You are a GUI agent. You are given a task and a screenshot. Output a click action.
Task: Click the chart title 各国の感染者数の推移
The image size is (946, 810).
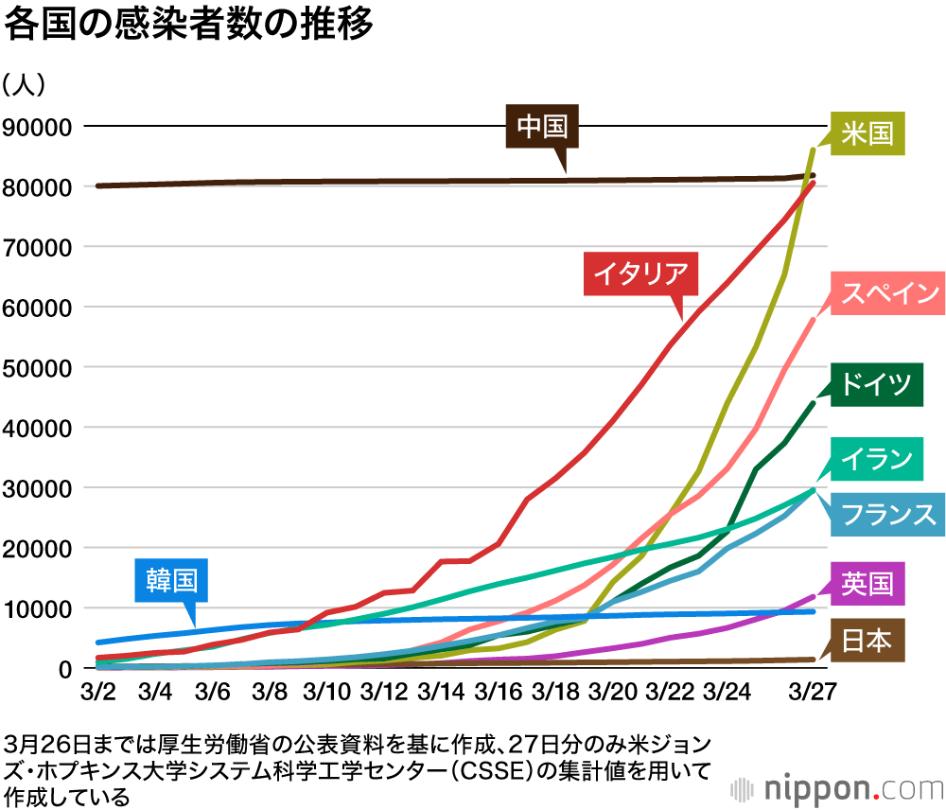pos(189,25)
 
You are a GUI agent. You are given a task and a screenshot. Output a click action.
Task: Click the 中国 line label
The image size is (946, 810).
pos(541,127)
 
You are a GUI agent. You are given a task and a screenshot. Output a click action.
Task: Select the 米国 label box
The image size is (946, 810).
pos(867,132)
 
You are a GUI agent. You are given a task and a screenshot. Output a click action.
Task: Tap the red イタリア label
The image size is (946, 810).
pos(640,274)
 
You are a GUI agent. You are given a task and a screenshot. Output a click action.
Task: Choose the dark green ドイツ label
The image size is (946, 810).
pos(875,384)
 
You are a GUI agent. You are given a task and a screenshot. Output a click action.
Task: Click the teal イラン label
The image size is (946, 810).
pos(875,459)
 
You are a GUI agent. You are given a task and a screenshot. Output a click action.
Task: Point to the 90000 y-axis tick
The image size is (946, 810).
pos(40,127)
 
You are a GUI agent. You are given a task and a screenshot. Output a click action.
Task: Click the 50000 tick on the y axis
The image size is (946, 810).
pos(40,367)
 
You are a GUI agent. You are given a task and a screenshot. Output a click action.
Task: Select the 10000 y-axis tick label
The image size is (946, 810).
pos(40,608)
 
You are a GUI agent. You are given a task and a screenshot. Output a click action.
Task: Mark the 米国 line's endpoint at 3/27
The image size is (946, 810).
pos(814,149)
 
